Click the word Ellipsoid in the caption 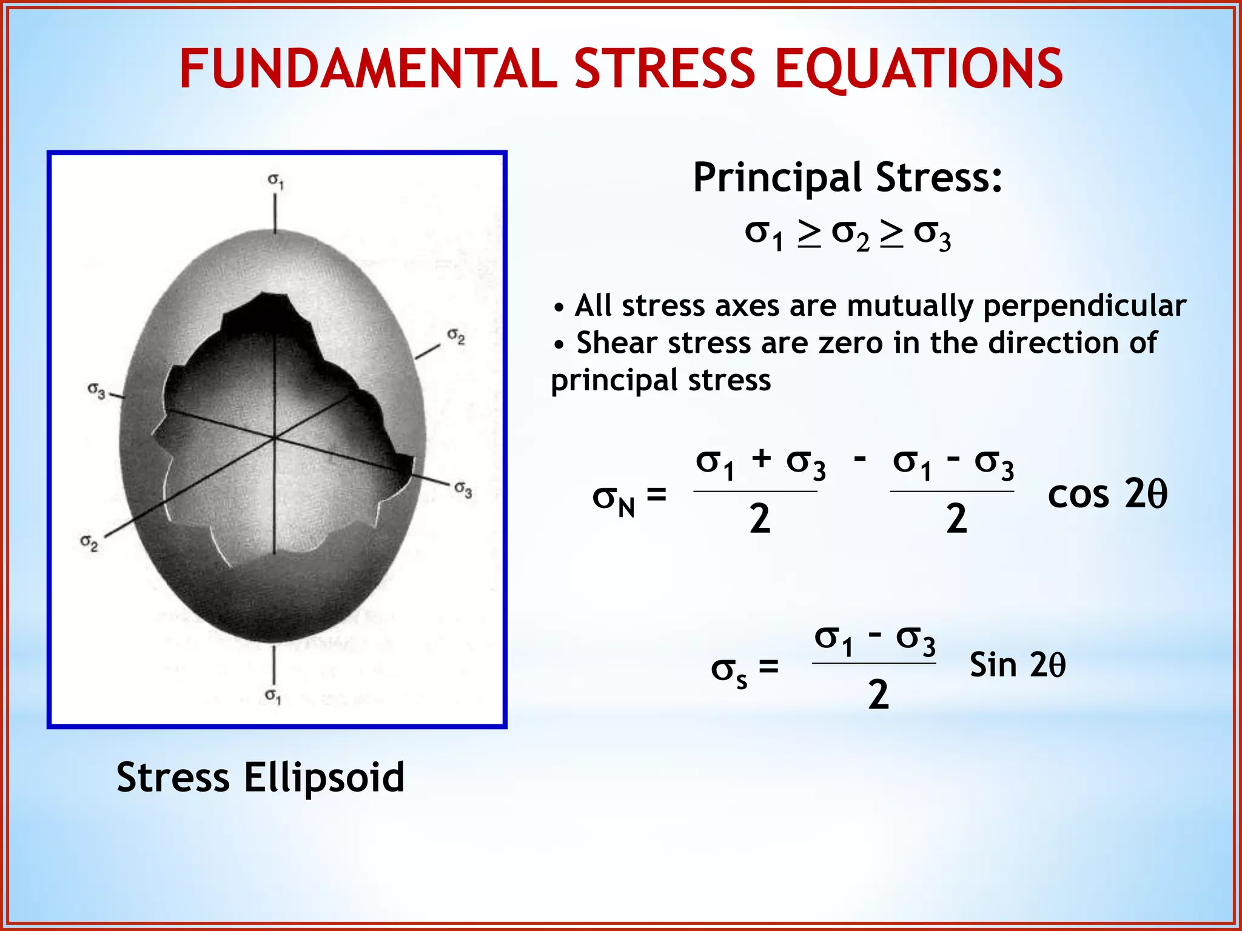point(324,778)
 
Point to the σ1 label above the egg point(276,180)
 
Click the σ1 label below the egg point(273,696)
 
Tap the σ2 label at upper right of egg point(456,336)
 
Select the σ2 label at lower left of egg point(89,542)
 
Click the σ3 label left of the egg point(96,390)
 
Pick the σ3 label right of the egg point(463,489)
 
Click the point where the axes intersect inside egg point(274,436)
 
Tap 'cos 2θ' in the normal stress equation point(1107,494)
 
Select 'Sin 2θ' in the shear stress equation point(1017,665)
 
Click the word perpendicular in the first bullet point(1084,305)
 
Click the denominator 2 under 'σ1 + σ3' point(759,519)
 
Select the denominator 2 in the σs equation point(878,695)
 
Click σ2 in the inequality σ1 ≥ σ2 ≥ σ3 point(850,235)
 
